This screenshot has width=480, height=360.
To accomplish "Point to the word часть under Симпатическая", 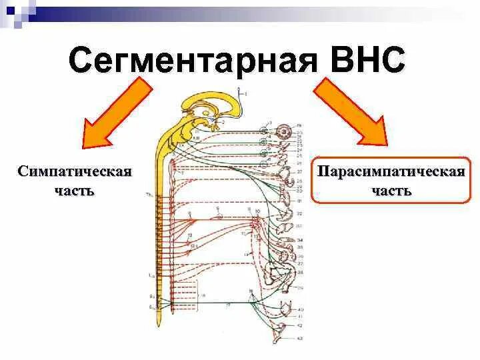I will [74, 191].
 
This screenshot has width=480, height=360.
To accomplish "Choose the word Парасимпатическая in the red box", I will [391, 172].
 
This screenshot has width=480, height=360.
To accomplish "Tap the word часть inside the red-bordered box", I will [391, 191].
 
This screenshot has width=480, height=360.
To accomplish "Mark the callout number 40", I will [301, 310].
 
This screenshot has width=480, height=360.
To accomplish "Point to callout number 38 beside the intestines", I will [301, 273].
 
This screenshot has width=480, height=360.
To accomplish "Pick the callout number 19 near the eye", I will [299, 125].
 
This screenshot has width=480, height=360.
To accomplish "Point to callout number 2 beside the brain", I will [223, 123].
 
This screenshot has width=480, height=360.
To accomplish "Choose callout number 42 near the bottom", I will [301, 325].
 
